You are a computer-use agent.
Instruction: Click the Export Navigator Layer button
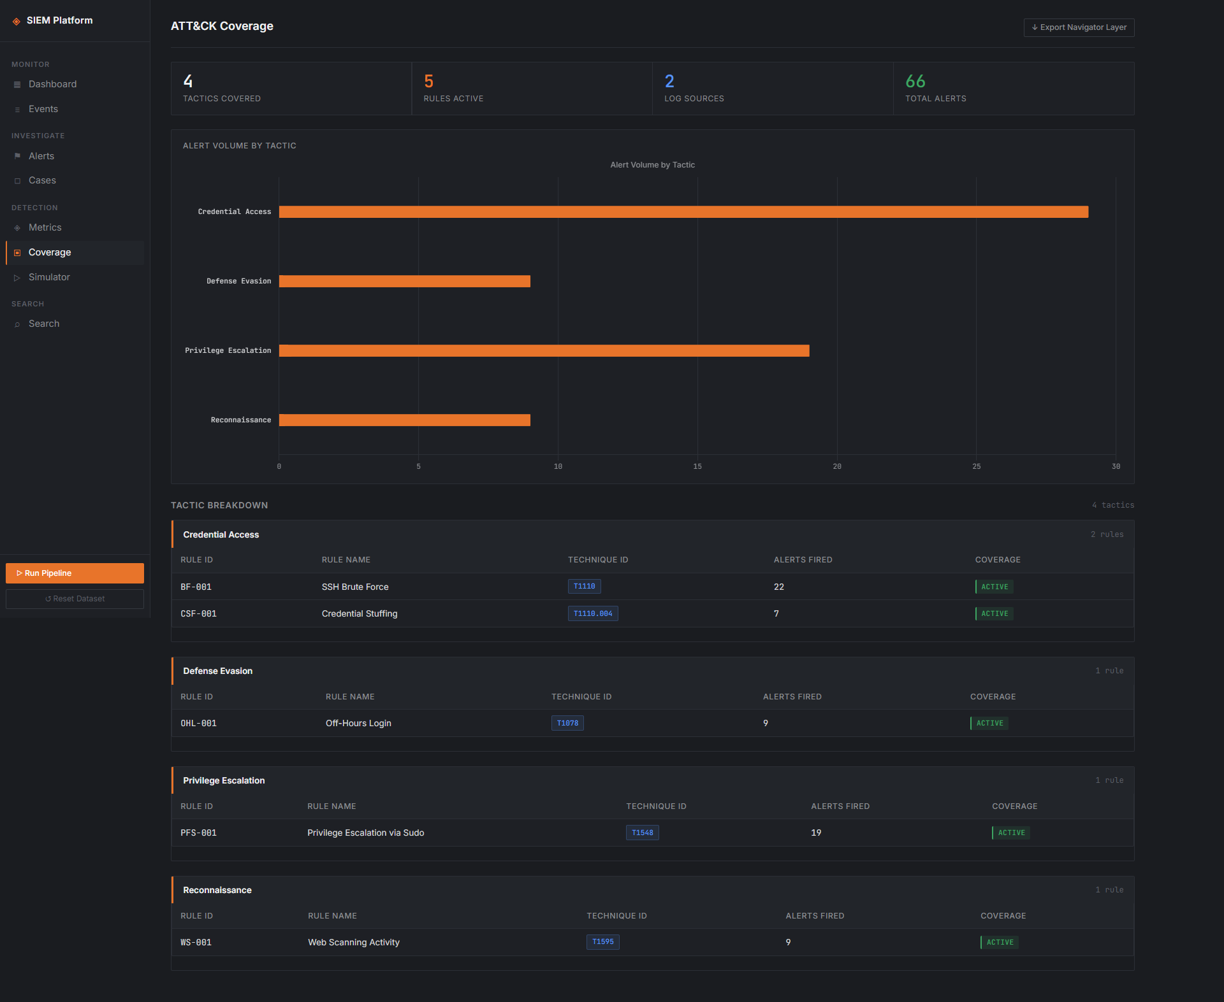1079,27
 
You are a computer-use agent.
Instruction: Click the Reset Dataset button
75,599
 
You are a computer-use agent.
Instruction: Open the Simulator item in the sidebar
49,277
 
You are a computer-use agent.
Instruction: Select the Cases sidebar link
42,180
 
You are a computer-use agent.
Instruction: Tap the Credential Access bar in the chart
683,212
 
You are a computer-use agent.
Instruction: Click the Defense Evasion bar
405,282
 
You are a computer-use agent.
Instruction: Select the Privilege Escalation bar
544,351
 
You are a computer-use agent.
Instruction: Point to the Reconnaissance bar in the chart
405,420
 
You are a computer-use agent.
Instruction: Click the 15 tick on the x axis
697,466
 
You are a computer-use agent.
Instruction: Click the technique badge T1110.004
593,613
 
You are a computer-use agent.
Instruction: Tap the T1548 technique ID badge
643,833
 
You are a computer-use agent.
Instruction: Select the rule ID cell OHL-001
198,723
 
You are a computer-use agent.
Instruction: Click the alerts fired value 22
779,587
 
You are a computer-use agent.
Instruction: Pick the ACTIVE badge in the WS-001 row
1000,942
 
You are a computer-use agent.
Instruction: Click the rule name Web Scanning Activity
354,942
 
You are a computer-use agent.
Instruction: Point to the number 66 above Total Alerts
915,81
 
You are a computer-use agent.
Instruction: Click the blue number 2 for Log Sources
669,81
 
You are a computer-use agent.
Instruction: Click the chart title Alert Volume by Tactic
653,165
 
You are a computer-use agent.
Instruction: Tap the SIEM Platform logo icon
17,21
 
